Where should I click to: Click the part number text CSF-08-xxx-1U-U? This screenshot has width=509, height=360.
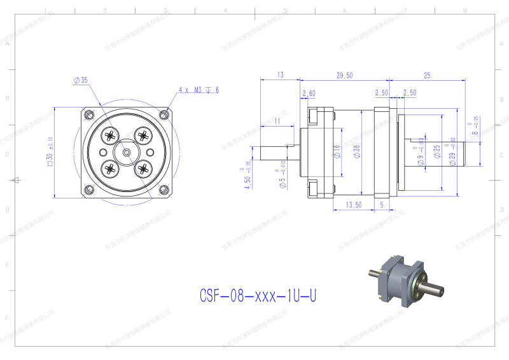(x=258, y=296)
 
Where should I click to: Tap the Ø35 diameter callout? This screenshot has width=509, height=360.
(x=81, y=80)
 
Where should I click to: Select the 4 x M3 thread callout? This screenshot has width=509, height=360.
(x=199, y=90)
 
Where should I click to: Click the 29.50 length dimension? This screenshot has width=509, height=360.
(x=344, y=75)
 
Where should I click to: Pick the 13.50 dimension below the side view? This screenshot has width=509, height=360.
(x=354, y=205)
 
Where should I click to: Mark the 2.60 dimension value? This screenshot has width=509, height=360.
(x=309, y=93)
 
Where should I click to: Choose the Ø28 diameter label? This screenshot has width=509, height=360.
(x=357, y=151)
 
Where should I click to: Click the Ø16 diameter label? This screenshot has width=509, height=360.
(x=337, y=151)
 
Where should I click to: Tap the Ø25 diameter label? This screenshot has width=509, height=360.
(x=437, y=151)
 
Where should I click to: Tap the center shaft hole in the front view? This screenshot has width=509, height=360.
(x=127, y=153)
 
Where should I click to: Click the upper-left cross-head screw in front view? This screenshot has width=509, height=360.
(x=111, y=135)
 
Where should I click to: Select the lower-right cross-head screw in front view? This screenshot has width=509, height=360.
(x=144, y=169)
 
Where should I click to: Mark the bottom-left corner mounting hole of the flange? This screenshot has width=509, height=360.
(x=88, y=190)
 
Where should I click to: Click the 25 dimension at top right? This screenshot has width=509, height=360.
(x=427, y=75)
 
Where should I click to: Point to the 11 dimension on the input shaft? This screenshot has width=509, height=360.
(x=277, y=120)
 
